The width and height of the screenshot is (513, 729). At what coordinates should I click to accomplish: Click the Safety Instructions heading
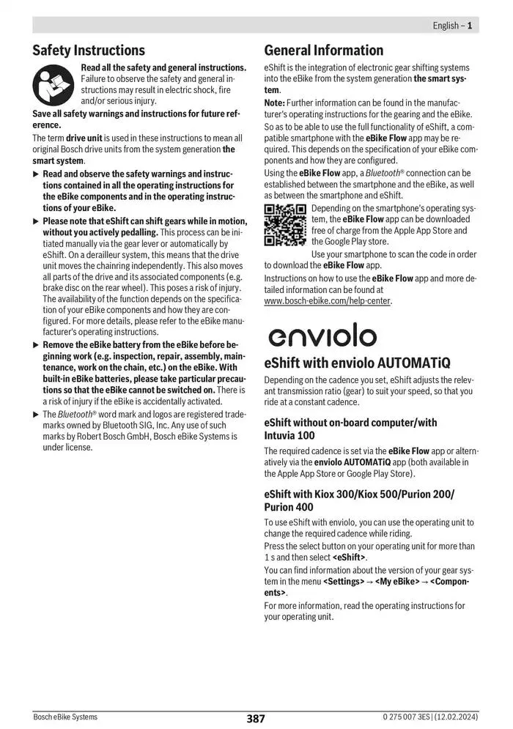(89, 51)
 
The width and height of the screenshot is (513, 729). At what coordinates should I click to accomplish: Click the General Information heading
(323, 51)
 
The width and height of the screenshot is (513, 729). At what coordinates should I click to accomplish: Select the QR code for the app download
(285, 225)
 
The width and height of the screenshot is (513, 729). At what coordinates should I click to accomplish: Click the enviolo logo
(322, 335)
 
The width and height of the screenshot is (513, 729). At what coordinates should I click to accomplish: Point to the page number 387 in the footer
(256, 719)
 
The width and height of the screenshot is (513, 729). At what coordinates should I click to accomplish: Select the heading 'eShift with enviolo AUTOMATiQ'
(357, 363)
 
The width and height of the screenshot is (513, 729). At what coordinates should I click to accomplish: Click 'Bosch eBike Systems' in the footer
(65, 717)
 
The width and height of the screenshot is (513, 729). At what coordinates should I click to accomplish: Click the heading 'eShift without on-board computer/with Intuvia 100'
(350, 429)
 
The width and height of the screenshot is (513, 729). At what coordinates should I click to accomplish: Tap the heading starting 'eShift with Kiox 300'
(358, 500)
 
